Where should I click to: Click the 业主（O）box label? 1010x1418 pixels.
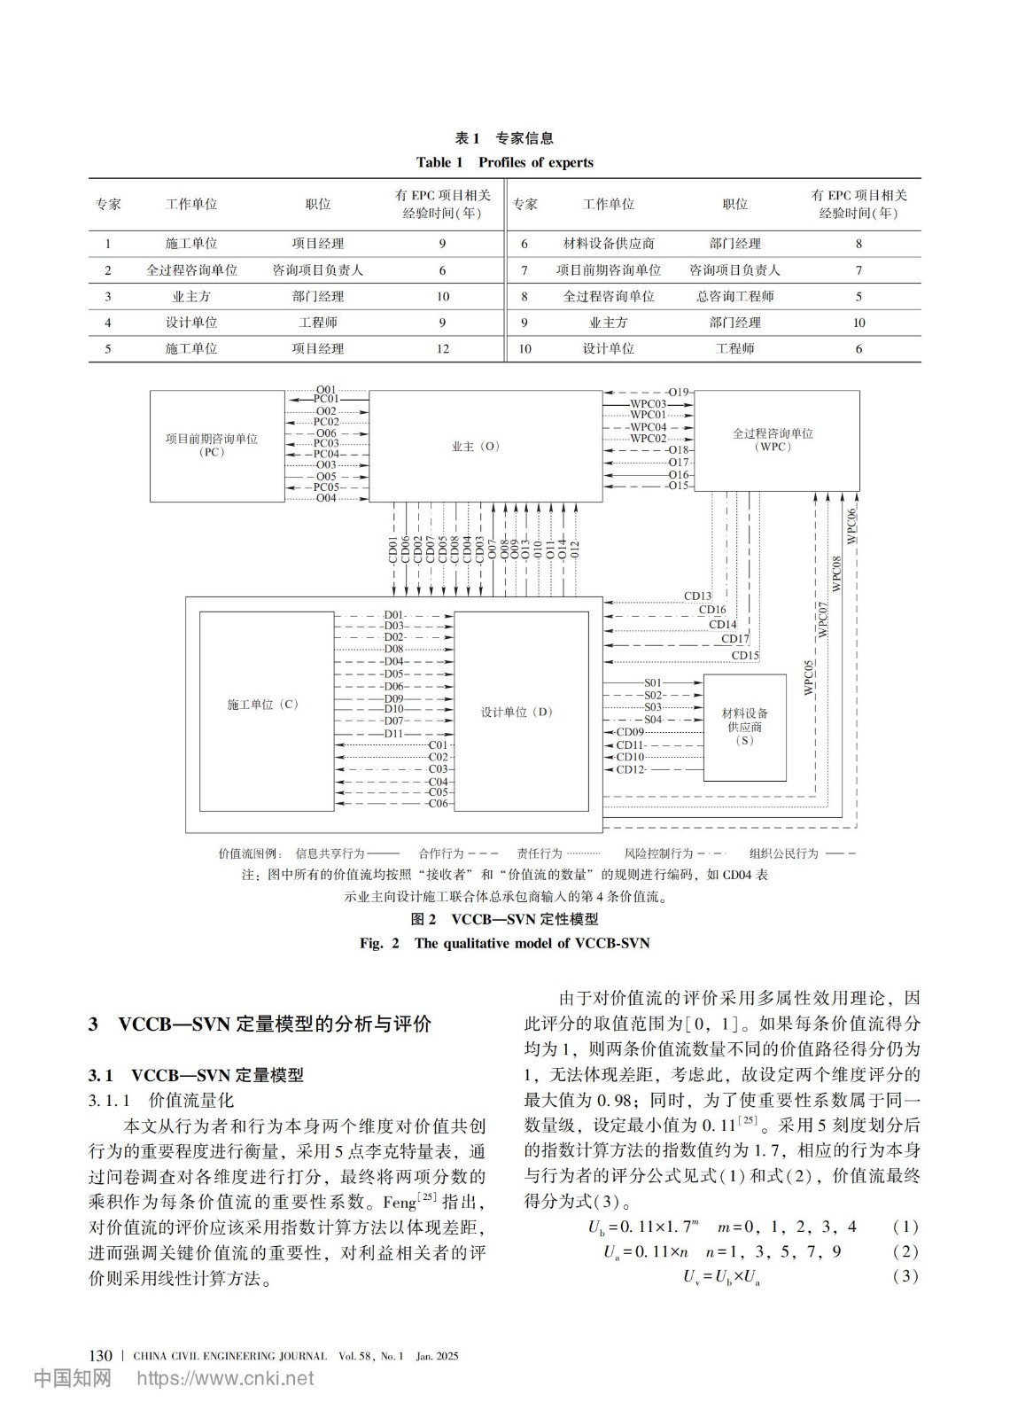[476, 447]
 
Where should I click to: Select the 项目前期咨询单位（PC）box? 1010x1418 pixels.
[217, 446]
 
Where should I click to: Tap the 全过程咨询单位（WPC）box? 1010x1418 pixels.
[776, 440]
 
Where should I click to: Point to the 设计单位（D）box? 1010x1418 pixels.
[520, 712]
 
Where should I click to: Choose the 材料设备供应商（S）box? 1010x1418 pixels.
[744, 727]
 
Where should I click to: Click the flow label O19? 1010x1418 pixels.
[679, 392]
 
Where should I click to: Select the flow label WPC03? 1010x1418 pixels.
[648, 404]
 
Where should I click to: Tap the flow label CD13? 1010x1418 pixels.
[697, 596]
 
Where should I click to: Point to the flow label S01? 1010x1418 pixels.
[652, 683]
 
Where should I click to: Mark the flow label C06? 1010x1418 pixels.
[438, 804]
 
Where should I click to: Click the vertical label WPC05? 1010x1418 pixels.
[808, 677]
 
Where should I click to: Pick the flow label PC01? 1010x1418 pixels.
[326, 400]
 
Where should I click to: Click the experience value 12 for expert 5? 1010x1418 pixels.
[442, 349]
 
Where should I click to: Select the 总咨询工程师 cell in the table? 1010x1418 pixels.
[734, 297]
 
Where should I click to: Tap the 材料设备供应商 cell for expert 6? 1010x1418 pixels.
[608, 244]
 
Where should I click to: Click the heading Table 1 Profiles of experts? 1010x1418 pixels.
[504, 162]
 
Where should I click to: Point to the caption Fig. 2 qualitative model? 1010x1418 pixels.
[504, 943]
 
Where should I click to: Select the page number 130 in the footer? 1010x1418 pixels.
[101, 1356]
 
